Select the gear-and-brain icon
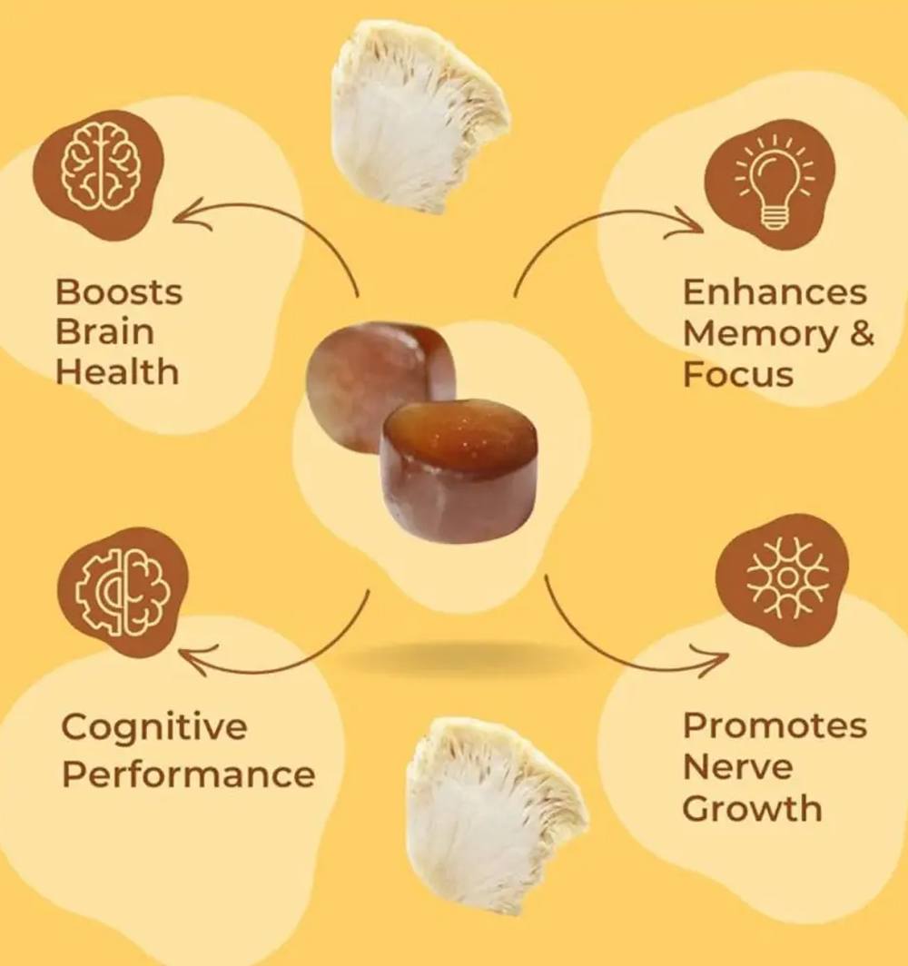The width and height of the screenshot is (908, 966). pyautogui.click(x=123, y=590)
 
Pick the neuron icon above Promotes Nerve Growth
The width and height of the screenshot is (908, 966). pyautogui.click(x=786, y=577)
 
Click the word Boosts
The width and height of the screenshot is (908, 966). pyautogui.click(x=119, y=291)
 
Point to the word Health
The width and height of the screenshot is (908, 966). pyautogui.click(x=117, y=372)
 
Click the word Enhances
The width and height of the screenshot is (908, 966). pyautogui.click(x=775, y=291)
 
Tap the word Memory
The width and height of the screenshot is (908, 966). pyautogui.click(x=761, y=333)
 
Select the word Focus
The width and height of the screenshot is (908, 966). pyautogui.click(x=738, y=374)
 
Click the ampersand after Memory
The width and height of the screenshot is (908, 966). pyautogui.click(x=862, y=332)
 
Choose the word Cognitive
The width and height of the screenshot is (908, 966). pyautogui.click(x=154, y=727)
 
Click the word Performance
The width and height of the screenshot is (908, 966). pyautogui.click(x=189, y=774)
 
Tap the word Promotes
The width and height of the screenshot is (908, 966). pyautogui.click(x=775, y=725)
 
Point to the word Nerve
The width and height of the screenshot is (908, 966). pyautogui.click(x=737, y=767)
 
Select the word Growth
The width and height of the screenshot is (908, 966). pyautogui.click(x=752, y=809)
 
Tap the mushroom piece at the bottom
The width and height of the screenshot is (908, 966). pyautogui.click(x=497, y=814)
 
